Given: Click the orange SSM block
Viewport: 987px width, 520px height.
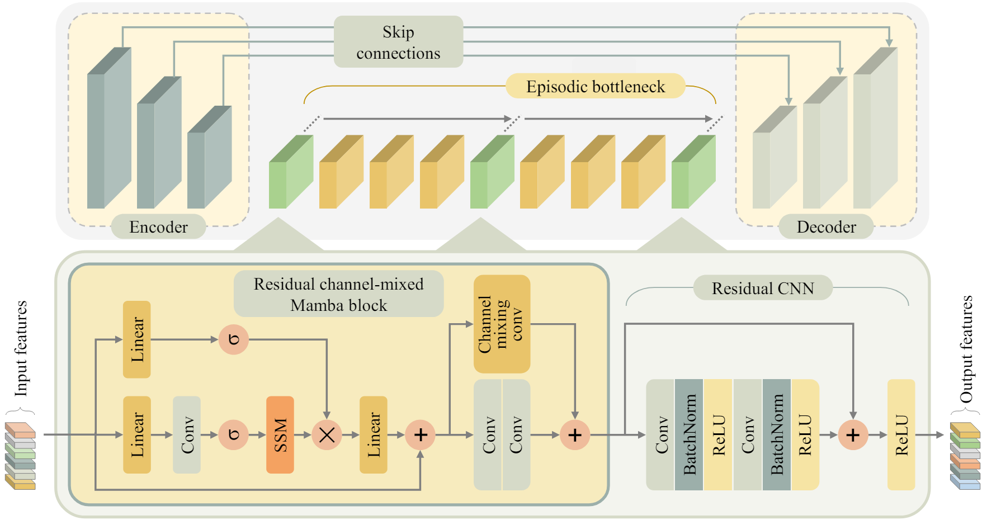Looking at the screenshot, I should click(x=280, y=434).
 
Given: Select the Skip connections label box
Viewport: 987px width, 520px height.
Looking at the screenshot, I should click(x=398, y=42).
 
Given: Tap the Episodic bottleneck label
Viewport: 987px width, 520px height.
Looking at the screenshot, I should click(x=595, y=87).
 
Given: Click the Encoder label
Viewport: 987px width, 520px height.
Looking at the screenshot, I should click(x=158, y=226).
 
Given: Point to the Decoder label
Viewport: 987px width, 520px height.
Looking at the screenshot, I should click(x=826, y=226).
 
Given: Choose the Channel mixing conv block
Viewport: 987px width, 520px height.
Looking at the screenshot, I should click(x=502, y=324).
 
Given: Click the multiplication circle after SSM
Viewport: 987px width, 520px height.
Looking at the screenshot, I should click(x=327, y=434).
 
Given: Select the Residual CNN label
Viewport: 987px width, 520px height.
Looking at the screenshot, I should click(x=763, y=288).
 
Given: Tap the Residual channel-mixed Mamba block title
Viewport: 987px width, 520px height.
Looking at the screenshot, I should click(x=338, y=294).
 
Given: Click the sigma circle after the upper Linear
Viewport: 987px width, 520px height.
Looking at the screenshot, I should click(x=234, y=339).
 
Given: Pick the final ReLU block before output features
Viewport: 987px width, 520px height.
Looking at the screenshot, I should click(x=901, y=434).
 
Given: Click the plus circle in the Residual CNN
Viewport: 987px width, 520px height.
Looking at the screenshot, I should click(x=853, y=434).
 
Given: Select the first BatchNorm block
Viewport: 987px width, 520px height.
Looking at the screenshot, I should click(x=689, y=434).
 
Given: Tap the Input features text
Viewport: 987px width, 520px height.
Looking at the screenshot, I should click(x=21, y=348).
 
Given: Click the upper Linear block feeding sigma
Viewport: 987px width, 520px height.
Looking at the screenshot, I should click(x=137, y=339).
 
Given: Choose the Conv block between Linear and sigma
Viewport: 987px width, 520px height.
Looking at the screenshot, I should click(x=187, y=434).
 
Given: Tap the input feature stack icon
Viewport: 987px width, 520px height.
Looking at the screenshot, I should click(x=20, y=456).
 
